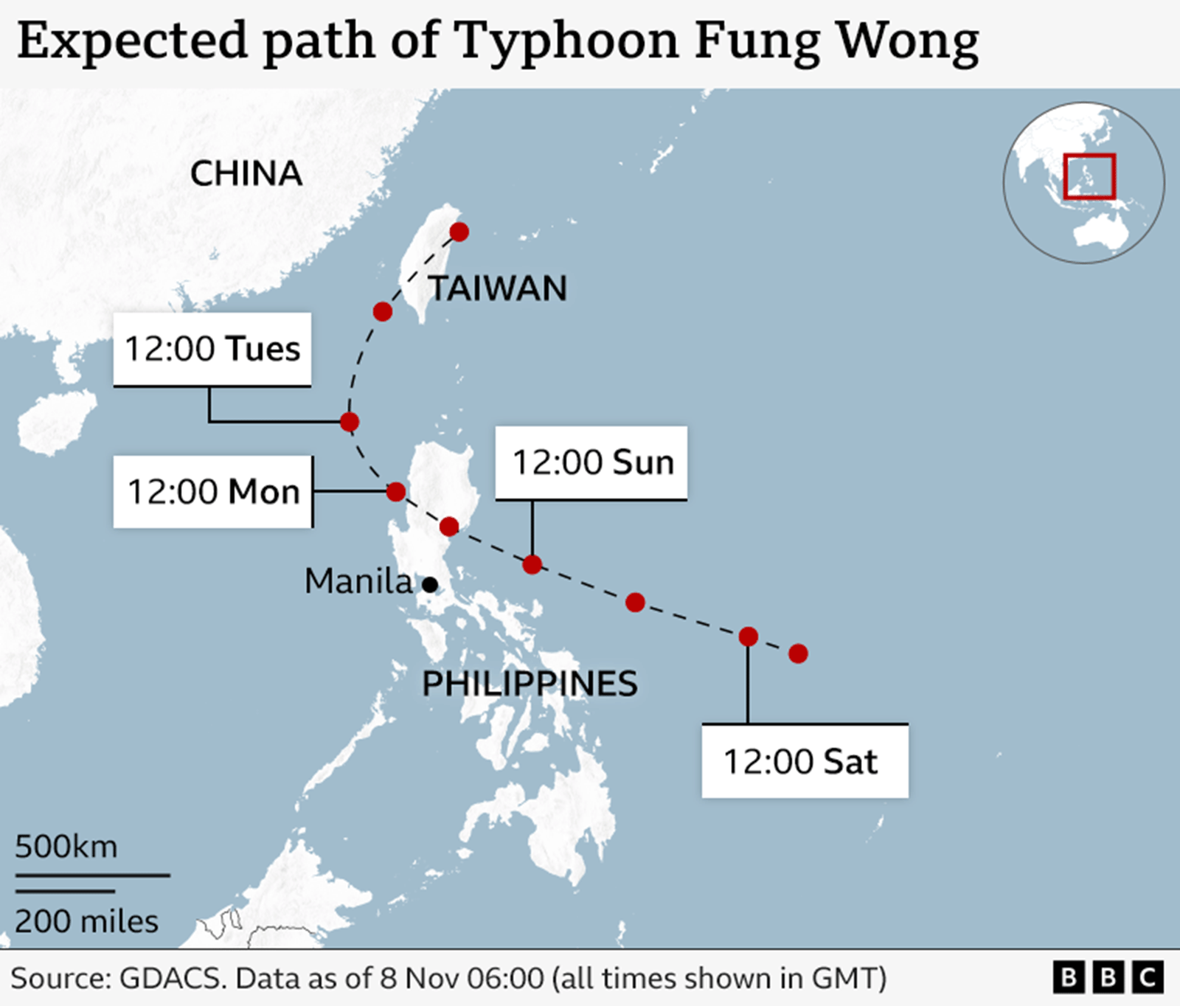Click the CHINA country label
pos(246,174)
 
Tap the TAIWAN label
pos(499,288)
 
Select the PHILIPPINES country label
pos(530,684)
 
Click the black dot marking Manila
pos(430,585)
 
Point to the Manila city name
pos(358,581)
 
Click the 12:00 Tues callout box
pos(212,349)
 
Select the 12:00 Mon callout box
pos(213,492)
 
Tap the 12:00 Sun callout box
pos(591,462)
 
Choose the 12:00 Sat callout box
pos(805,761)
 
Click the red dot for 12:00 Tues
pos(350,422)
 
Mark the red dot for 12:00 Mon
pos(396,491)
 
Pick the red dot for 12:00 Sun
pos(532,565)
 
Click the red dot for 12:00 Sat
pos(749,636)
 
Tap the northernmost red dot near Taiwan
pos(459,232)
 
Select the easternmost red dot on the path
pos(798,653)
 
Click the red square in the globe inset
pos(1089,176)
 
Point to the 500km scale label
pos(66,847)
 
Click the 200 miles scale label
pos(86,922)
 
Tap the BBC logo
pos(1108,977)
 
